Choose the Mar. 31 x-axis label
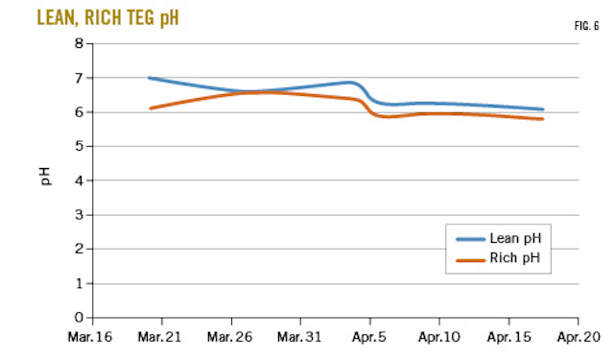(300, 338)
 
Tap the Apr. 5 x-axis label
(369, 338)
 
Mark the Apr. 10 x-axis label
(438, 338)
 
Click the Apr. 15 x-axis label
(508, 338)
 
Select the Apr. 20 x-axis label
(577, 338)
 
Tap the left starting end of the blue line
(150, 78)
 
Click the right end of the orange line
(543, 119)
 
